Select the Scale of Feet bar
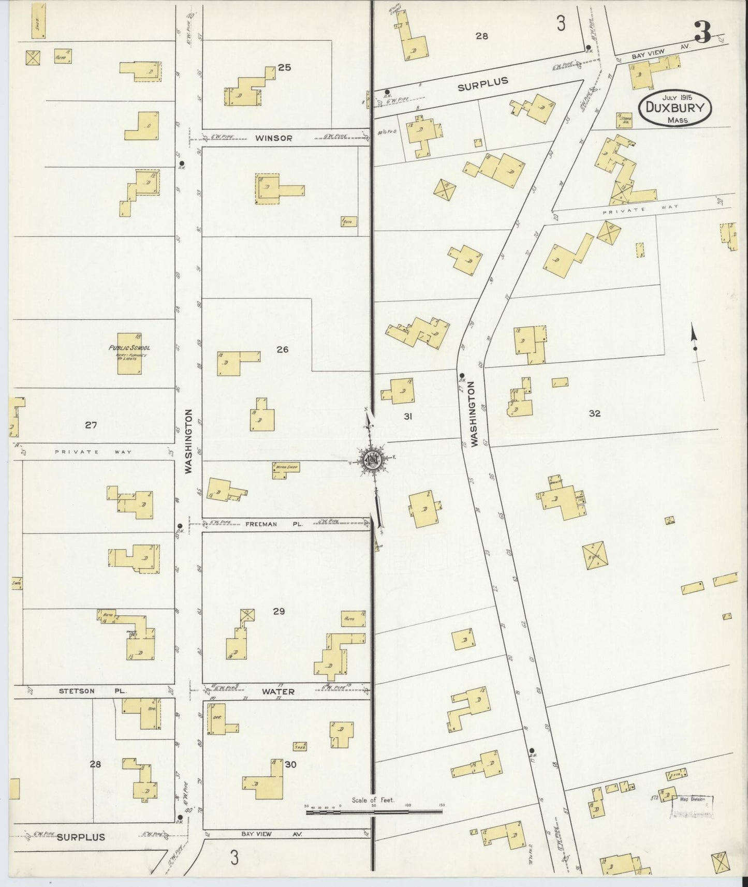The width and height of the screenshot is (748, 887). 374,812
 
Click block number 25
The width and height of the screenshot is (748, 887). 284,67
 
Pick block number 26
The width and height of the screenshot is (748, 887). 282,350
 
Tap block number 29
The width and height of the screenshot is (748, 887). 279,612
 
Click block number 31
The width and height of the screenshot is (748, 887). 407,416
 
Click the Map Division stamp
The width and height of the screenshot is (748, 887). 692,805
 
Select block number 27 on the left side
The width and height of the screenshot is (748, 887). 91,425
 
